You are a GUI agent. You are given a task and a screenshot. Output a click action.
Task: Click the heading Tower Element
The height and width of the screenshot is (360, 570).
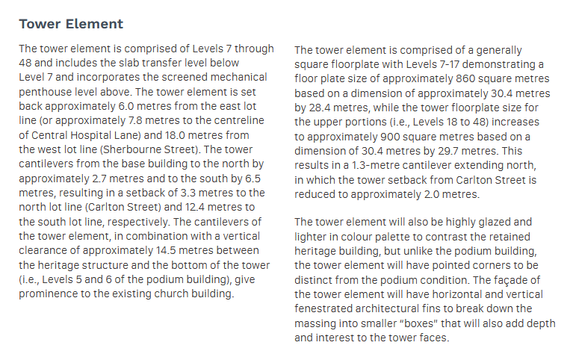[x=71, y=24]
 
